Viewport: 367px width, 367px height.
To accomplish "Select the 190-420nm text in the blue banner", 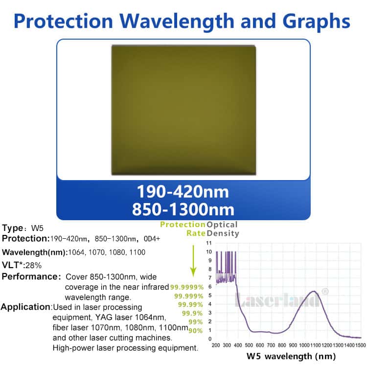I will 183,191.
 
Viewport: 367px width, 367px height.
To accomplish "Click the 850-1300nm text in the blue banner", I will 183,209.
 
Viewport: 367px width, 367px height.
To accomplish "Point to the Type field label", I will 15,228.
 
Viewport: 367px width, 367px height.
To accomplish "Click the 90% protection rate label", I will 196,330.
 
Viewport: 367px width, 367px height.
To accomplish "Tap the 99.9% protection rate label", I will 192,313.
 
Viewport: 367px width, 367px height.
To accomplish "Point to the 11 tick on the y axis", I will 209,243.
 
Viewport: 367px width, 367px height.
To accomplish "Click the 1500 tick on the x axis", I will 361,345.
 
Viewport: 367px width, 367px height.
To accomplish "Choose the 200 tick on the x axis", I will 216,345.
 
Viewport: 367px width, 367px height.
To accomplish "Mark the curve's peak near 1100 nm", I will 314,292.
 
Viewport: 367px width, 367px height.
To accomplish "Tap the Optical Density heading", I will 223,229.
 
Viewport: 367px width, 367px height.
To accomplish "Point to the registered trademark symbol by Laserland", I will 324,291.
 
